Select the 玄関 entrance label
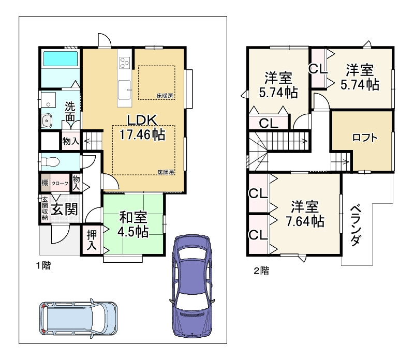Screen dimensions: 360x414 64,209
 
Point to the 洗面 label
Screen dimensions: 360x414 70,112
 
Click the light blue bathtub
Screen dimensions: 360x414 60,59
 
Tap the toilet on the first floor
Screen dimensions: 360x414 52,161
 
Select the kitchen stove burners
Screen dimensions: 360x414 124,63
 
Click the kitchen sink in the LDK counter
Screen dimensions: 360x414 125,88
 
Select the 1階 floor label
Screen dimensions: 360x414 43,266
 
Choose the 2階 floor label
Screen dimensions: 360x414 262,270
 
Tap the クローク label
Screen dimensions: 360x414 60,183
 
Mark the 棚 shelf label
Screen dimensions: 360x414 45,183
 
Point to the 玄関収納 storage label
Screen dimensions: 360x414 45,208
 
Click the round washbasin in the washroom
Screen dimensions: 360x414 48,121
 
